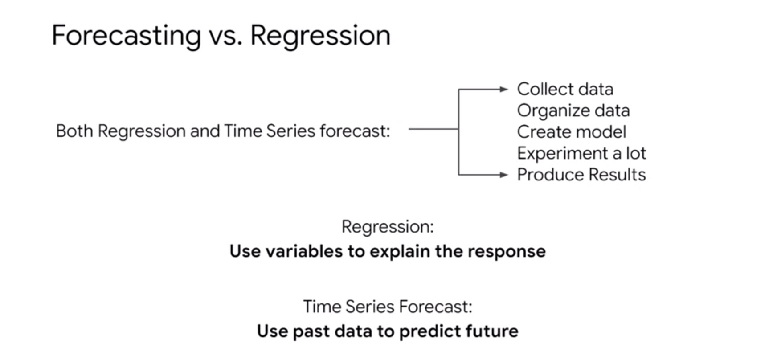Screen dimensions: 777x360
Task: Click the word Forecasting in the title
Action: (x=126, y=36)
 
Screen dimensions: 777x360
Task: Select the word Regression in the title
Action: (x=320, y=36)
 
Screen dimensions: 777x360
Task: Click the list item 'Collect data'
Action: (x=565, y=89)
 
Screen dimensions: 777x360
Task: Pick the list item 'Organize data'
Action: (x=573, y=110)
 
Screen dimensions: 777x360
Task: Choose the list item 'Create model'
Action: (x=572, y=132)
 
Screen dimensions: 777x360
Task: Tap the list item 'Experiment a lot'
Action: (x=581, y=153)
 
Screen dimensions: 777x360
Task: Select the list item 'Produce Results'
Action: (x=581, y=175)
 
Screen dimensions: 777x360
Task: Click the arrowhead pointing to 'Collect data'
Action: (x=504, y=90)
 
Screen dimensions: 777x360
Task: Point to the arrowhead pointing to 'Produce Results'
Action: (x=504, y=175)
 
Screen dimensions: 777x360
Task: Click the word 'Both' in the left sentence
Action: (x=74, y=131)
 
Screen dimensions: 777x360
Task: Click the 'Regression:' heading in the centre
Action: (x=388, y=227)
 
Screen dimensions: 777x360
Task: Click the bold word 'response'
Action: (x=506, y=252)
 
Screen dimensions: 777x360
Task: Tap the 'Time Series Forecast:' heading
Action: (x=388, y=307)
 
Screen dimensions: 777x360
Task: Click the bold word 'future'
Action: (x=492, y=332)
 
